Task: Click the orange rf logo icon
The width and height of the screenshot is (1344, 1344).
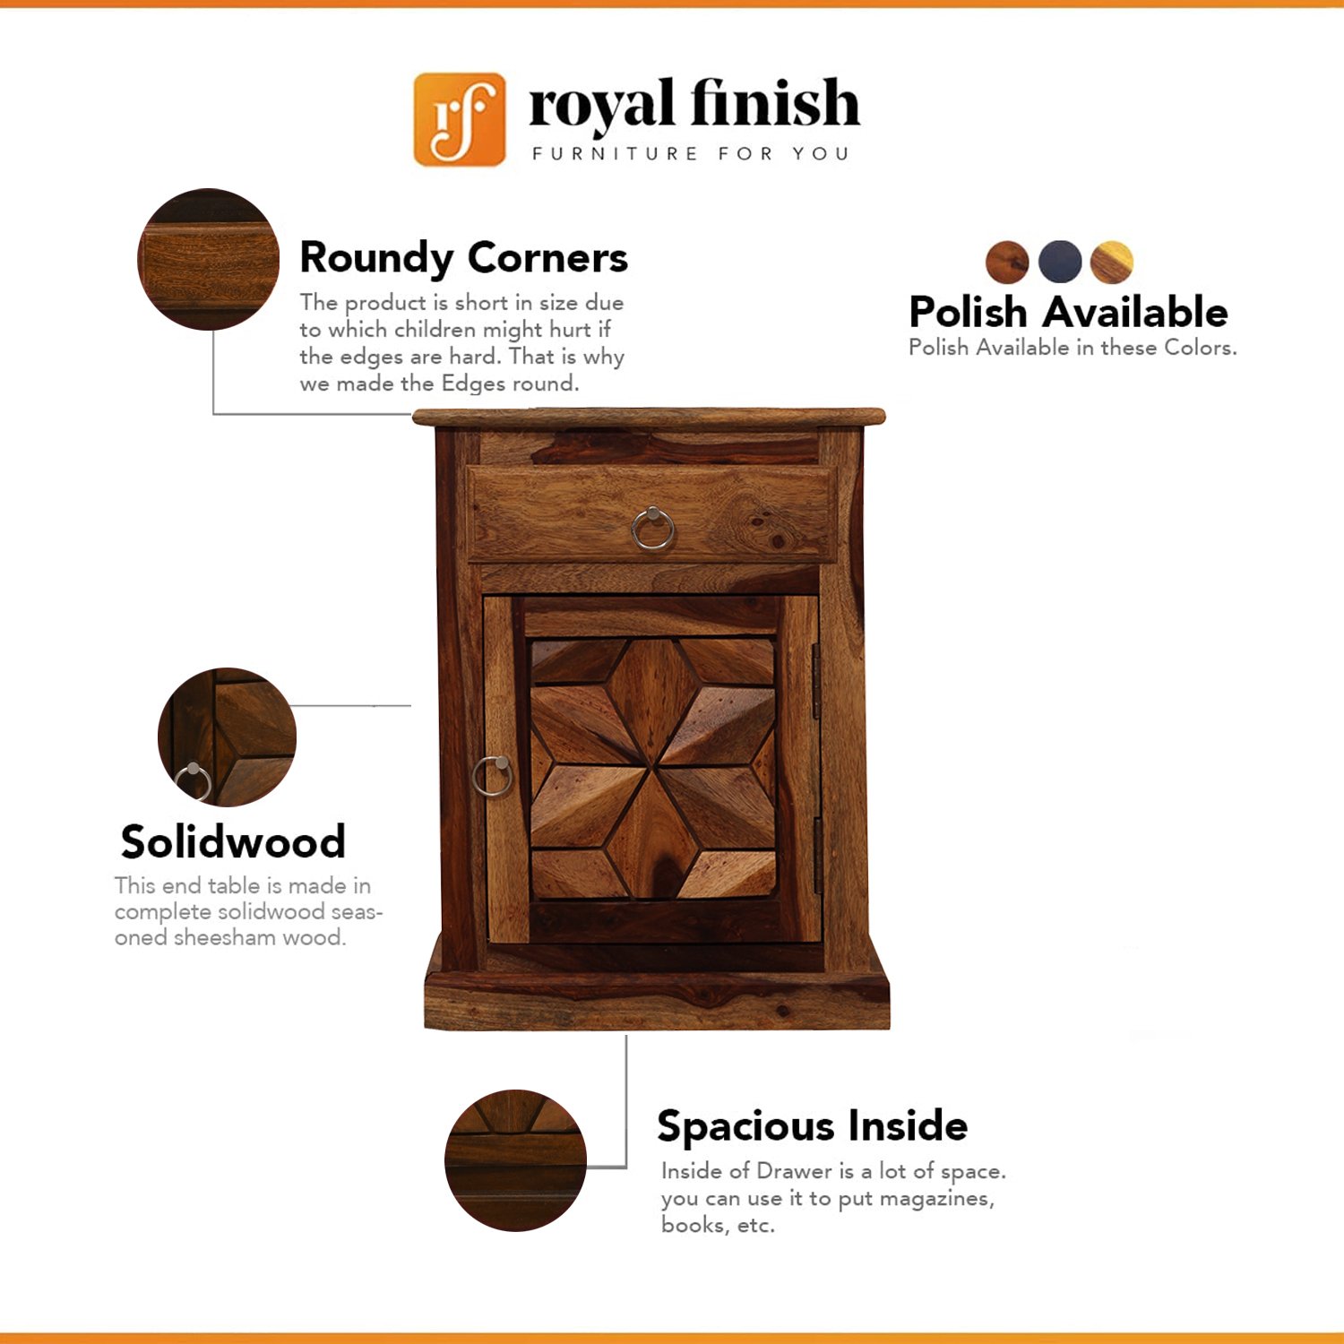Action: (x=459, y=119)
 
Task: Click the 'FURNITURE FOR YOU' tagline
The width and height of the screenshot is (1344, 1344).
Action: (x=690, y=154)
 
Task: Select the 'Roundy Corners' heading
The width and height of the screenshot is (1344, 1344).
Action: (x=463, y=258)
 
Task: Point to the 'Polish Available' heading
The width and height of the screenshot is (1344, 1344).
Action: (x=1068, y=312)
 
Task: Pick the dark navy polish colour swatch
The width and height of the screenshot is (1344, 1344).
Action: (x=1060, y=262)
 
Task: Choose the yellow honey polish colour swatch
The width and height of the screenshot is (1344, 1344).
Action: (x=1112, y=263)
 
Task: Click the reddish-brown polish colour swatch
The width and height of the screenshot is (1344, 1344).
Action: (x=1007, y=263)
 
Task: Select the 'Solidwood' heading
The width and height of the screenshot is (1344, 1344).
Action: (x=233, y=841)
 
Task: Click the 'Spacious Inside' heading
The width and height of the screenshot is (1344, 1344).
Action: (x=812, y=1126)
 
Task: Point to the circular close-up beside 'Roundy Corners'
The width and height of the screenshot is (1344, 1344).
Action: (x=208, y=259)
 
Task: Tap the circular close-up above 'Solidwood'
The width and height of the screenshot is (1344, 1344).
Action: (x=227, y=737)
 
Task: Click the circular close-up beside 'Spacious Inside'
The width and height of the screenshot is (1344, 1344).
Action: (x=515, y=1160)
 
